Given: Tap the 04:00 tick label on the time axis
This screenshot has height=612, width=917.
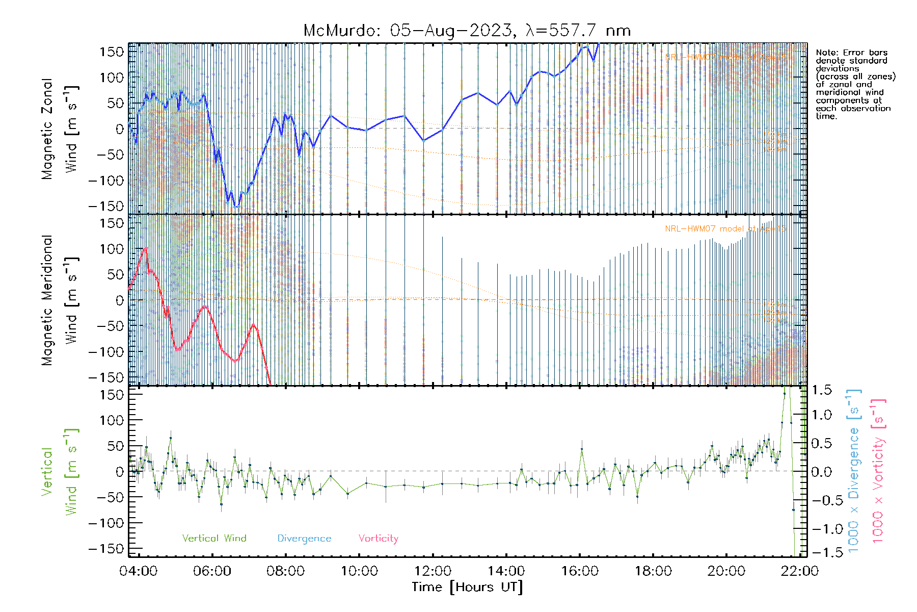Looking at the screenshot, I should pos(139,571).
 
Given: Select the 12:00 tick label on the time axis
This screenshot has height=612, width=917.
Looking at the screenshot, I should pos(433,571).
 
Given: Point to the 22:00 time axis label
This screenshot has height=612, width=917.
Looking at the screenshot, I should pos(799,571).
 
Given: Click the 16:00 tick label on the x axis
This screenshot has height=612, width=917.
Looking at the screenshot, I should pos(580,571).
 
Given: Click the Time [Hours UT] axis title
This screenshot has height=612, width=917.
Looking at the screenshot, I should pos(467,587).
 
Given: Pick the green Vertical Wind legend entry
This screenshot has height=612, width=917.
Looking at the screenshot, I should pos(214,538).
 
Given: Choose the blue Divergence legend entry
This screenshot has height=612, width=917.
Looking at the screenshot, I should pos(304,538).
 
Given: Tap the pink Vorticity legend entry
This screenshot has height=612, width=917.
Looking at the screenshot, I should pos(378,538).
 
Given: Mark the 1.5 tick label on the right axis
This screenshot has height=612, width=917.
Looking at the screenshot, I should pos(821,390).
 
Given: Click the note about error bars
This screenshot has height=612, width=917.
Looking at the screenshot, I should pos(855,84).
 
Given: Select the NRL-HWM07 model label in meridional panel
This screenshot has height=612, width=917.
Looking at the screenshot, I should pos(725,228).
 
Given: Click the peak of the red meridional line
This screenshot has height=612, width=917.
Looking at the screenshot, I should pos(146,248).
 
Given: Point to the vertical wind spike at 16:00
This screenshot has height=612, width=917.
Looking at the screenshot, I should pos(582,449).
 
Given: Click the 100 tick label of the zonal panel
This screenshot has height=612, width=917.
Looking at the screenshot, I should pos(112,78).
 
